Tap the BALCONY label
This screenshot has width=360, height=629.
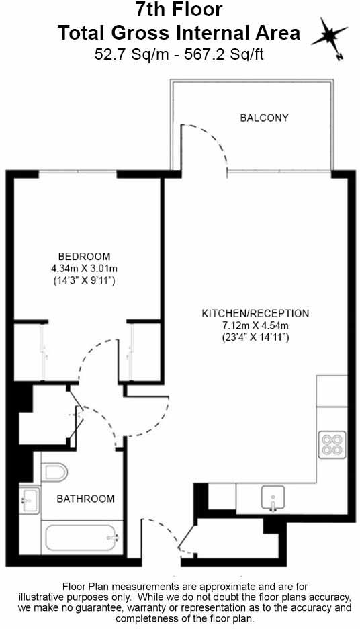(264, 118)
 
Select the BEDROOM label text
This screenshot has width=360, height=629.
(84, 256)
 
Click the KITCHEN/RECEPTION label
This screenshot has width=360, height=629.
(255, 313)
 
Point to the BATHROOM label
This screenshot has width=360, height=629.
(85, 499)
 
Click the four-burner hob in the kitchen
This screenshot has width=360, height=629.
(331, 445)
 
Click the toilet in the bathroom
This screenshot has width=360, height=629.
(54, 472)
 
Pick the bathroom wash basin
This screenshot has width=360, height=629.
(28, 499)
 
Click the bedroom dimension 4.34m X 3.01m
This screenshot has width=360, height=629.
(84, 269)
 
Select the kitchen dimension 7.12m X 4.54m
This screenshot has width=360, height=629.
(255, 325)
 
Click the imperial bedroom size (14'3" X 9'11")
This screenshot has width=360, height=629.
(84, 281)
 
